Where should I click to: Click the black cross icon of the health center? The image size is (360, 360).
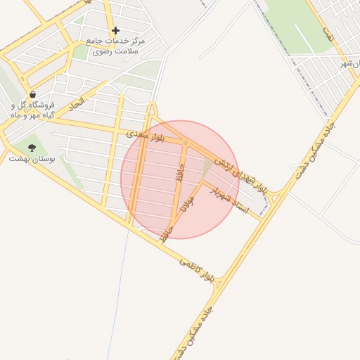coord(115,30)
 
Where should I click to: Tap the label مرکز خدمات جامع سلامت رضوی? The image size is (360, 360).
coord(115,46)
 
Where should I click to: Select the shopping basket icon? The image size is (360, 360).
coord(32,94)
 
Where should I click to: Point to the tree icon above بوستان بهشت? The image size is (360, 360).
coord(31,148)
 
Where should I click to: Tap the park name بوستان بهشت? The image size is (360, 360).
coord(29,159)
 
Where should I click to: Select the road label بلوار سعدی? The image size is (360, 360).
coord(146,136)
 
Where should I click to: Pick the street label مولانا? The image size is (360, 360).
coord(188,202)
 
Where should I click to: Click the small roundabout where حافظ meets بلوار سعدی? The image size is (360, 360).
coord(185,143)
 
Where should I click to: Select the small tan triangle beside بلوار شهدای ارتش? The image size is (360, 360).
coord(207,167)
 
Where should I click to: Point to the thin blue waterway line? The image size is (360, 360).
coord(118,295)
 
